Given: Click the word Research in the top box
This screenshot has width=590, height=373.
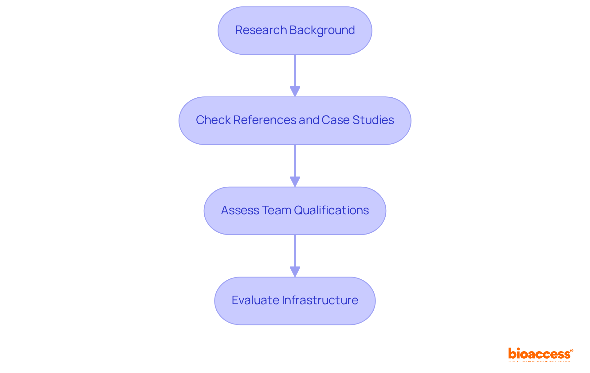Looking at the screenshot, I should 261,30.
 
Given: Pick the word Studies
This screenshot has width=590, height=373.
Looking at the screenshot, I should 373,120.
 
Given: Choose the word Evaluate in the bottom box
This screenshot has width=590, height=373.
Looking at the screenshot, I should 255,300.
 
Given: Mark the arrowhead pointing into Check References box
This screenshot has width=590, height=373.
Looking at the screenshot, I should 295,91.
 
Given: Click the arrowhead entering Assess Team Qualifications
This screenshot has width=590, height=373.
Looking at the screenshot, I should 295,181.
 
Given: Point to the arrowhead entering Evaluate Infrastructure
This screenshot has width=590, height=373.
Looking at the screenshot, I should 295,271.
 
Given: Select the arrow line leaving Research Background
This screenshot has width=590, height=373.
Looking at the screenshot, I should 295,71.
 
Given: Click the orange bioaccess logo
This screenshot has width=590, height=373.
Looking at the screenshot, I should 539,354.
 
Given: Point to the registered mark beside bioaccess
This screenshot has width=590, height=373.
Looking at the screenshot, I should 572,351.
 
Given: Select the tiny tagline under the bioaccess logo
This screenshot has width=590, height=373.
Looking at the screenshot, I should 539,361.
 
